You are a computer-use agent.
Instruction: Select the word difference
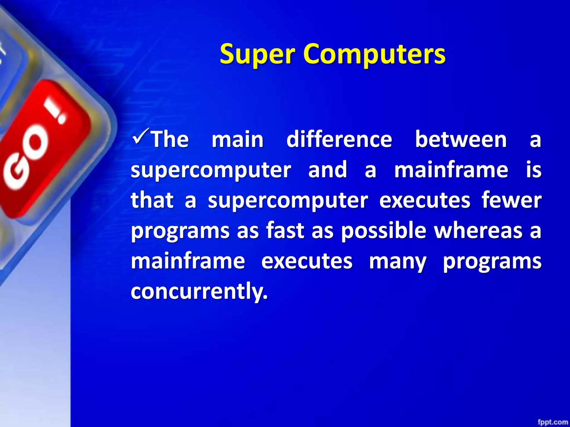(x=339, y=139)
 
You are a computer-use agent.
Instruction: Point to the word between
(x=461, y=139)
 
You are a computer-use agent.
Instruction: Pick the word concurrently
(x=199, y=291)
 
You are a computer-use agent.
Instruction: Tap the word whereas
(x=478, y=230)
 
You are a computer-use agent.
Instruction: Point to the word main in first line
(x=237, y=139)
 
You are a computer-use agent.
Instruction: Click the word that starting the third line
(x=152, y=200)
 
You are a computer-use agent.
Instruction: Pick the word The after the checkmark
(x=170, y=139)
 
